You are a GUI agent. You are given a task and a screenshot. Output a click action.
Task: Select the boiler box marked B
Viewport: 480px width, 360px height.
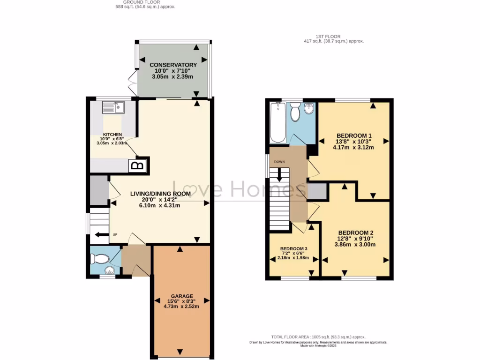tap(137, 165)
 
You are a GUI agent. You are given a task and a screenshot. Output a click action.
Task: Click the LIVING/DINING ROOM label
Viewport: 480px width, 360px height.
tap(160, 194)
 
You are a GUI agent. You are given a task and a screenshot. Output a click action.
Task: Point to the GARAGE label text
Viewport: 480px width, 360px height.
tap(181, 296)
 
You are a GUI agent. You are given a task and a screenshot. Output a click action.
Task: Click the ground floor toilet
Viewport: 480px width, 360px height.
tap(98, 258)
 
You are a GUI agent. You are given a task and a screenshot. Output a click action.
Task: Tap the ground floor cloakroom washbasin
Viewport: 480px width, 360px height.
tap(109, 270)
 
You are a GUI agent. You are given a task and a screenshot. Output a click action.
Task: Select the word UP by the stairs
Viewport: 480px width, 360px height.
tap(114, 235)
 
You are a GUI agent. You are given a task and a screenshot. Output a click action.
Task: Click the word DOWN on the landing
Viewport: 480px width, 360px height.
tap(280, 162)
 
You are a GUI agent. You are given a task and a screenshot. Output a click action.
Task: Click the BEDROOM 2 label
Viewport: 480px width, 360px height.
tap(355, 232)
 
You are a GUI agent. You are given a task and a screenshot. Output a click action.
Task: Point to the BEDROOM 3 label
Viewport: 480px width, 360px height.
tap(294, 249)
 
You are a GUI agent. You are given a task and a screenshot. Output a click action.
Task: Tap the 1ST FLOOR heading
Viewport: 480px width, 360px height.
tap(328, 36)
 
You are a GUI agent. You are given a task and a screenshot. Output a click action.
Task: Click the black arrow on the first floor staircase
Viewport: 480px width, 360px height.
tap(280, 175)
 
